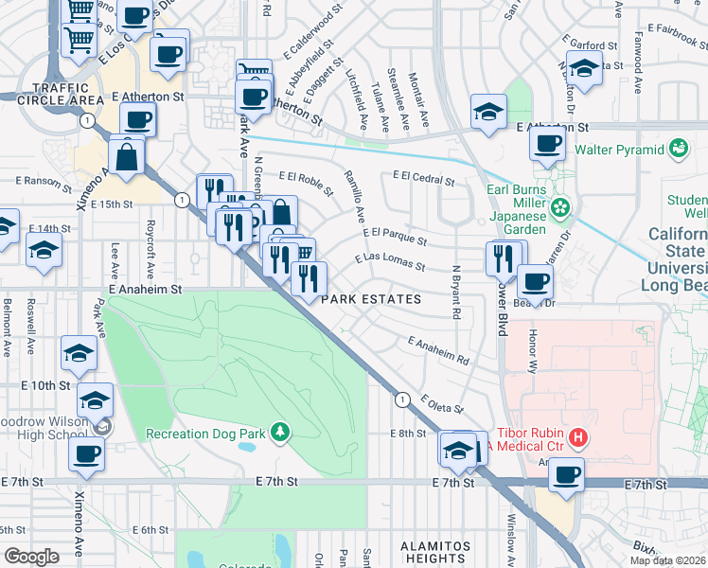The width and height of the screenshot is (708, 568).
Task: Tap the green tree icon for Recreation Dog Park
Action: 279,433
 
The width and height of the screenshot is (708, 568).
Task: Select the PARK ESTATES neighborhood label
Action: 370,299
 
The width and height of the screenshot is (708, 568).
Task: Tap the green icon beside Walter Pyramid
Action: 678,149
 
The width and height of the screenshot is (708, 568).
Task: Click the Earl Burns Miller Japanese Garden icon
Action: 561,207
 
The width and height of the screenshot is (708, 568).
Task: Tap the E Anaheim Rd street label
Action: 438,350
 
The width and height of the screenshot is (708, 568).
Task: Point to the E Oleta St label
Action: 442,404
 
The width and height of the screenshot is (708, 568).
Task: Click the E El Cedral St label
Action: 424,176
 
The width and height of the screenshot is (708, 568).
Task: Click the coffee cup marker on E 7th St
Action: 566,474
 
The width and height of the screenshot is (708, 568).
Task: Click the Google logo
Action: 31,557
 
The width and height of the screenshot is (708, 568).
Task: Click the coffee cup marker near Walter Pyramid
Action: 547,145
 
